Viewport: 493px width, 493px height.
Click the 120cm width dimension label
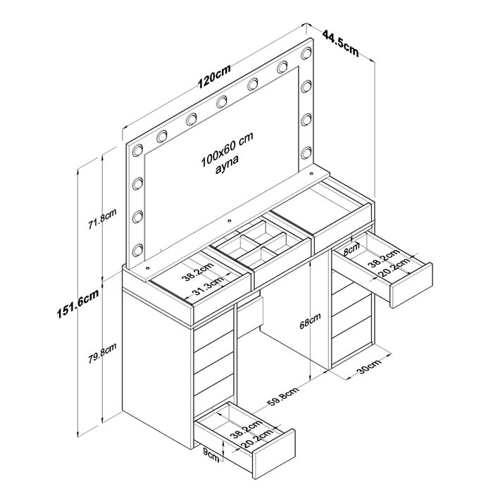click(214, 76)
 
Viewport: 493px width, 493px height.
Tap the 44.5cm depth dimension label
click(341, 44)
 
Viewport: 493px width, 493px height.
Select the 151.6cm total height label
click(77, 304)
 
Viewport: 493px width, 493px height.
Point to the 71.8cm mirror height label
click(102, 218)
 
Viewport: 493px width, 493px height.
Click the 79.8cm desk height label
click(102, 353)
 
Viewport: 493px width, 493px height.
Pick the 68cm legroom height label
click(310, 320)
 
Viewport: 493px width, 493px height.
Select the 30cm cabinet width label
click(370, 366)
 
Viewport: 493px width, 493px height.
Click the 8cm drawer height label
click(351, 250)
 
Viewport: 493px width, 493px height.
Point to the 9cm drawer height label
click(211, 456)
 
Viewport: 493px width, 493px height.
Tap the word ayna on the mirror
click(227, 163)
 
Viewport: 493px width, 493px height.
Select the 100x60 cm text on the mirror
click(227, 149)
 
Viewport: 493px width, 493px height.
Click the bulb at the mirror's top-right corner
click(306, 53)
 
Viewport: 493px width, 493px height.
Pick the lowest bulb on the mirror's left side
click(137, 250)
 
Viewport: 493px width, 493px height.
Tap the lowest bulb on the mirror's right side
click(306, 153)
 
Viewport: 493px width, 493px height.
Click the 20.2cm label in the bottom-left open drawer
click(257, 438)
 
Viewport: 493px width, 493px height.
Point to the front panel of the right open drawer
click(411, 285)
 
